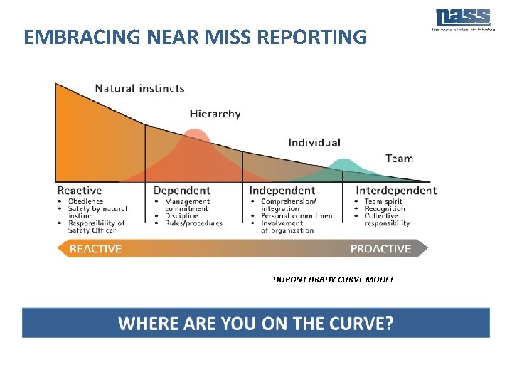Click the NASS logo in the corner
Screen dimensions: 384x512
point(463,18)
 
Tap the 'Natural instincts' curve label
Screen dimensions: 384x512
point(139,89)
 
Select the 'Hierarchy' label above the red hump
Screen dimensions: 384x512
point(215,113)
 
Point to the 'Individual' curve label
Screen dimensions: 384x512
point(314,143)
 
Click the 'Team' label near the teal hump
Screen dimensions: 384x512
point(399,159)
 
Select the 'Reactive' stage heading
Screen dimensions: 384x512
point(79,191)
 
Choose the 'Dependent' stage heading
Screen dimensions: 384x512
point(182,191)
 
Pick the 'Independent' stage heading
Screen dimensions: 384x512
point(282,191)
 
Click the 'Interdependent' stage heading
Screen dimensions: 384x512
point(396,191)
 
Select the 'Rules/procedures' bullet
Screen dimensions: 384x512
point(193,223)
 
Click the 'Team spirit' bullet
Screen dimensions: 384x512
point(383,201)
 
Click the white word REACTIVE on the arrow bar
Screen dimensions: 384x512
point(95,248)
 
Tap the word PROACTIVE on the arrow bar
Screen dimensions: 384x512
point(380,248)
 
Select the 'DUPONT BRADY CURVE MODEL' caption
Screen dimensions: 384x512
point(333,279)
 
